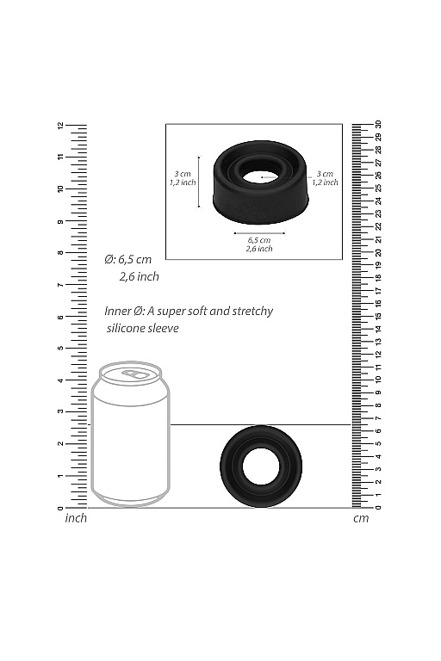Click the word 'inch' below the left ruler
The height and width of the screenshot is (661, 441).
[77, 518]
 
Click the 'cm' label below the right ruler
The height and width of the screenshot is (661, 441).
[360, 518]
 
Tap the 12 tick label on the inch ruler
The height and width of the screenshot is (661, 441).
[60, 126]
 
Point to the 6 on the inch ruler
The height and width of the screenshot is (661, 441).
[60, 317]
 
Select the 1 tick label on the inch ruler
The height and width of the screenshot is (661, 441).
[60, 476]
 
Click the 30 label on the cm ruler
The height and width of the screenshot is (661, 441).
[378, 126]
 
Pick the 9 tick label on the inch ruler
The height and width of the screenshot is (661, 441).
[60, 221]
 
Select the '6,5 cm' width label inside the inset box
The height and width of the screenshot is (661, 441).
[259, 239]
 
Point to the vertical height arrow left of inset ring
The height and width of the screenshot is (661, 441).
[199, 182]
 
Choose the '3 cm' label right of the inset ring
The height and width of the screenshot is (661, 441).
[325, 173]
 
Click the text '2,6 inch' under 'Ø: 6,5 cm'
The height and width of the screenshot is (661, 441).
[139, 277]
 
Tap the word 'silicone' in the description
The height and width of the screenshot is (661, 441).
[127, 328]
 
